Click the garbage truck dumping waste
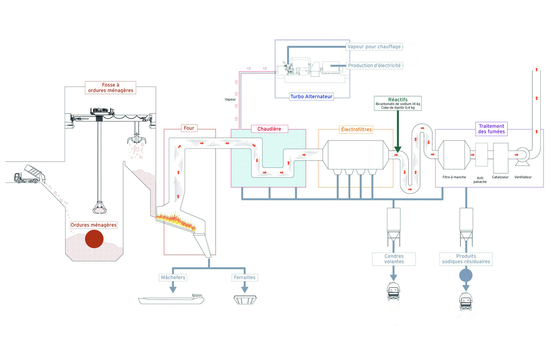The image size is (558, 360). pos(30,174)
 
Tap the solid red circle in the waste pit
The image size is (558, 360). pos(94,239)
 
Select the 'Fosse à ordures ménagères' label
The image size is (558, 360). pos(111,88)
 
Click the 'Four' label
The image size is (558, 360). pos(189,128)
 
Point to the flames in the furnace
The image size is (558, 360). pos(176,220)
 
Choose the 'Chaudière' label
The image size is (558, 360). pos(269,129)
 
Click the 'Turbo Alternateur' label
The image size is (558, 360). pos(312,96)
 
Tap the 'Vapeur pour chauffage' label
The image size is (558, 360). pos(374,47)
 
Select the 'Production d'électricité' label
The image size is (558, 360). pos(374,66)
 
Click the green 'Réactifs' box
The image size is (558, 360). pos(398,103)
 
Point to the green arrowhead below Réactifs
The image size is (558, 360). pos(398,149)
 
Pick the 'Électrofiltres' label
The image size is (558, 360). pos(356,130)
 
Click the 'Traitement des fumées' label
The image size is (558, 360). pos(492,129)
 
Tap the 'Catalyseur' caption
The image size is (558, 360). pos(500,177)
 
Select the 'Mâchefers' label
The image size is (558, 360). pos(173,278)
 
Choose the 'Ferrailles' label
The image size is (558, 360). pos(245,278)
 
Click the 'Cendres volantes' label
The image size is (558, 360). pos(394,259)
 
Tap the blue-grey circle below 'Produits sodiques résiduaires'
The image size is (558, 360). pos(466,275)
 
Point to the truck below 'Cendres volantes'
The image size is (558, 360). pos(393,291)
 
